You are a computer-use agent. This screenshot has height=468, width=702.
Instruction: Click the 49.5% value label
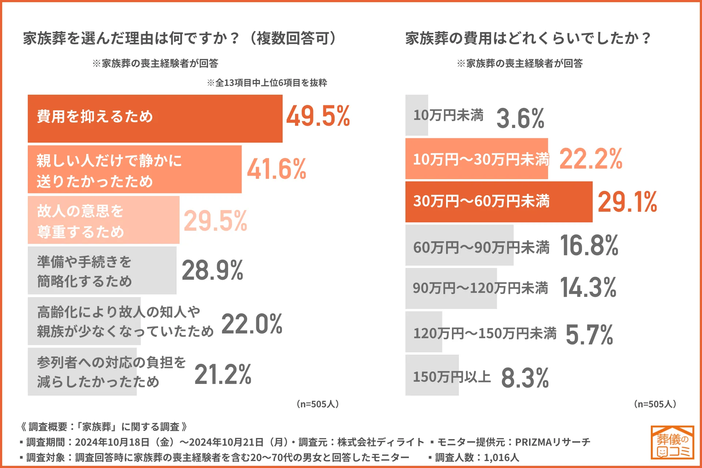tap(318, 116)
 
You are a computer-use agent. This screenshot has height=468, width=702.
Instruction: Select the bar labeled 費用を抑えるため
tap(155, 118)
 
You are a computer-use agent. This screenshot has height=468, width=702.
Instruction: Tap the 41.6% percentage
tap(276, 169)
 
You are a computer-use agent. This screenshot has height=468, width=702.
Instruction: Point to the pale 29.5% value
tap(215, 221)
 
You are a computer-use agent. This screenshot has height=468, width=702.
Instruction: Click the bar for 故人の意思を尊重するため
tap(103, 220)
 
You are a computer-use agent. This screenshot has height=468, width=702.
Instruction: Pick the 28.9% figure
tap(212, 271)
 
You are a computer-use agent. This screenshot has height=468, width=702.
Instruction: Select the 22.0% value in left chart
tap(252, 324)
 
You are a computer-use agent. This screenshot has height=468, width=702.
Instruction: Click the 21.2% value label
tap(223, 374)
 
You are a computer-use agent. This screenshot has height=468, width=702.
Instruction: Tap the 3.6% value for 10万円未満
tap(520, 118)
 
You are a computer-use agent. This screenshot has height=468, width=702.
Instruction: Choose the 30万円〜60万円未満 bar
tap(498, 202)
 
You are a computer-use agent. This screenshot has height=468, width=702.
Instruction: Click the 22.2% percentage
tap(590, 159)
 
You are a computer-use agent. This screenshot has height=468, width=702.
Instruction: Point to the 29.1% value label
tap(627, 202)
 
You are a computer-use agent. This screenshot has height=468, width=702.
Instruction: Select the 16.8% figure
tap(589, 245)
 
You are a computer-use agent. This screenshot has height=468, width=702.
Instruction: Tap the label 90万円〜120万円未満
tap(480, 288)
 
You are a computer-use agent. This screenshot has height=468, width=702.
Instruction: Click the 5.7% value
tap(589, 335)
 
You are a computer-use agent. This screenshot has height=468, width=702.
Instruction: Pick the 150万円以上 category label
tap(452, 377)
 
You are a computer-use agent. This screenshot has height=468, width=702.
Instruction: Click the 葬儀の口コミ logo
tap(672, 442)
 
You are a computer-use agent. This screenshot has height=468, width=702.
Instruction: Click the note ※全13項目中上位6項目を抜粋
tap(267, 83)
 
